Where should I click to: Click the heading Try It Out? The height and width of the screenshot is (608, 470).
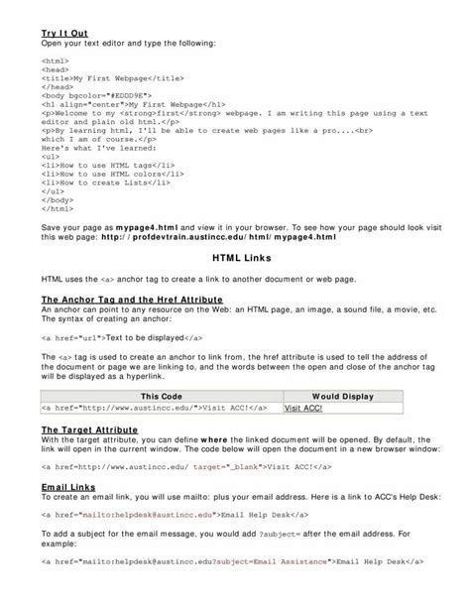63,34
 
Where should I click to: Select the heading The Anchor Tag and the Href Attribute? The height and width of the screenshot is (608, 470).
131,299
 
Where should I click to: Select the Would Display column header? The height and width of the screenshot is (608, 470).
342,394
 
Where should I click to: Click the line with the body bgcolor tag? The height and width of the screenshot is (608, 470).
97,94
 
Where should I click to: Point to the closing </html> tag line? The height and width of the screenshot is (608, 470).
57,209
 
